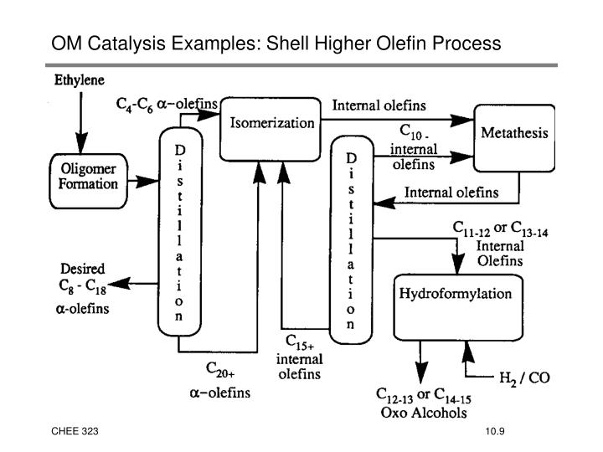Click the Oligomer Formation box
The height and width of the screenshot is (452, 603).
[x=89, y=177]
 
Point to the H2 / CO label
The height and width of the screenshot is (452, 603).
[x=525, y=377]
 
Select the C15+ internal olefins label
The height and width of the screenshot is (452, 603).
[x=298, y=357]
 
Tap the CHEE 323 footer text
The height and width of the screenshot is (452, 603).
[x=75, y=430]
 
